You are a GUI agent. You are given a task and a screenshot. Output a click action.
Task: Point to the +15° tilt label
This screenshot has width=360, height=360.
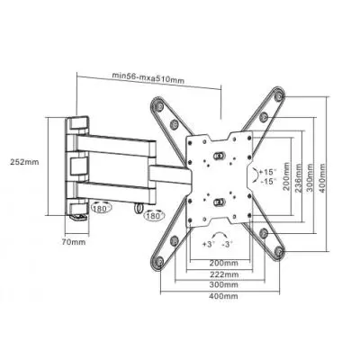click(266, 171)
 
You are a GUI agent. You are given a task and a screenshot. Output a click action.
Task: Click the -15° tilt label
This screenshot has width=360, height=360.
click(266, 180)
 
